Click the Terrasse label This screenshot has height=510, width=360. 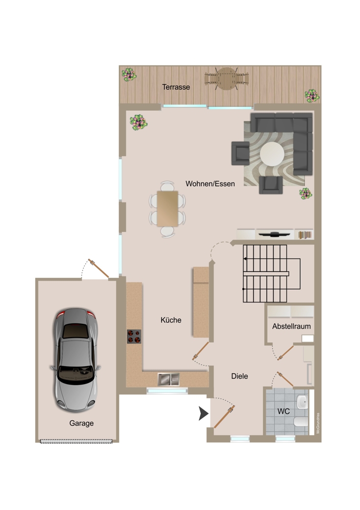176,87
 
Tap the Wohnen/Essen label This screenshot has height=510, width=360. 210,184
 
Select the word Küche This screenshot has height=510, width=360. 171,320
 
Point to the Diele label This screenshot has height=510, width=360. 239,376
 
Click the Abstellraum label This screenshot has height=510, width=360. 291,326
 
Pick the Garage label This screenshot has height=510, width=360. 81,423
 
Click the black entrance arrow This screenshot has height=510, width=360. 203,414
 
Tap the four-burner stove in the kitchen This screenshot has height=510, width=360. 134,337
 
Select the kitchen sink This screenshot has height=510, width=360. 168,379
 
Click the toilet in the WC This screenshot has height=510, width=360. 301,422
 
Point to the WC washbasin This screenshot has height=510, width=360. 302,403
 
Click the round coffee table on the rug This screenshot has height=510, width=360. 272,155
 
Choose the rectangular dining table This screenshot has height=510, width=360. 167,209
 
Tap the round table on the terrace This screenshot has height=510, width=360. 226,79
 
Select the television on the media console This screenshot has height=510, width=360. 274,234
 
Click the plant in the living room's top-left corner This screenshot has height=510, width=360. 139,122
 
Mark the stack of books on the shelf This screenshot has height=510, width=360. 305,235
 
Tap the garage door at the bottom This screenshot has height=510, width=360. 76,441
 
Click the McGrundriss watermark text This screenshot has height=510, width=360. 318,423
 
